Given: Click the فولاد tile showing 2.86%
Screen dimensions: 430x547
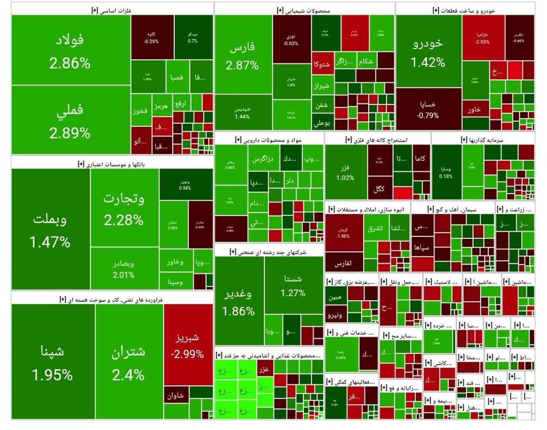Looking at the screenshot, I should [71, 50].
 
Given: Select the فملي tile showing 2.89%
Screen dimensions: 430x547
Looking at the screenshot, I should [71, 120].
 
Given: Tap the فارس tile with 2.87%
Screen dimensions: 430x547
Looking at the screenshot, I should [243, 56].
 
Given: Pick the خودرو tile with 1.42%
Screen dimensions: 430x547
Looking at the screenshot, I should [428, 52].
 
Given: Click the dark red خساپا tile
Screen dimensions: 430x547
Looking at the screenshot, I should [428, 110].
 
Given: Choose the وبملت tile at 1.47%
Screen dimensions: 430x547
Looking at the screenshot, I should [50, 230].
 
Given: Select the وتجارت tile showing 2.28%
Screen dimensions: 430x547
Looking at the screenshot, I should [124, 208].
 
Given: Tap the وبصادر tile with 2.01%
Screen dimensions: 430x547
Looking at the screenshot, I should [124, 269].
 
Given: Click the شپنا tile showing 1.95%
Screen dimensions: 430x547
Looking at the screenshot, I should [53, 362].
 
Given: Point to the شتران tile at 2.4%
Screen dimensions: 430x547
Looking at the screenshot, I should [129, 362].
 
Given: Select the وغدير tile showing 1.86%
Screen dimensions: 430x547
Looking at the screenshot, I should [238, 302].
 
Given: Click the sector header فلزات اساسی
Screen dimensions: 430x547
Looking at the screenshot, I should [112, 10].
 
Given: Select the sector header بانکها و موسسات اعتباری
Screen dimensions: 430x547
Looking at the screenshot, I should [112, 164].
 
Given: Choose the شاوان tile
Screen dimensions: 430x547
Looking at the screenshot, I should [175, 396].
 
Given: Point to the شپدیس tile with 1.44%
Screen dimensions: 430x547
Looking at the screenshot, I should [242, 113].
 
